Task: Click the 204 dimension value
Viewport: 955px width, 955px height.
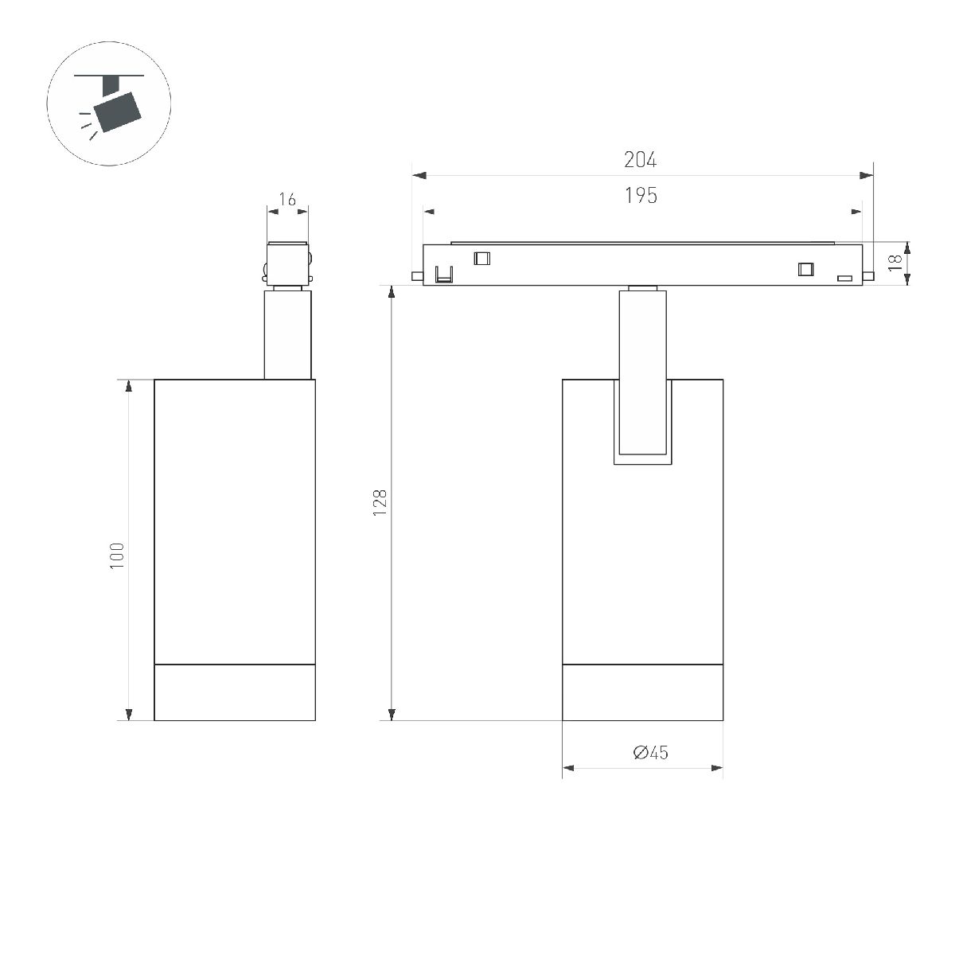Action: click(x=640, y=160)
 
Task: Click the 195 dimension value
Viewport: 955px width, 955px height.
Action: click(x=641, y=196)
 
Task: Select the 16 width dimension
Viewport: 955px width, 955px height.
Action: click(x=288, y=200)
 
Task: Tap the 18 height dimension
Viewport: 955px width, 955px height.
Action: click(x=896, y=263)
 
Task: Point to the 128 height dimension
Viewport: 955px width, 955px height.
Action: click(x=380, y=503)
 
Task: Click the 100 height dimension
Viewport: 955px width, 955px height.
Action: click(x=118, y=555)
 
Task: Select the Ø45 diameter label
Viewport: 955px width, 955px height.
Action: click(x=650, y=752)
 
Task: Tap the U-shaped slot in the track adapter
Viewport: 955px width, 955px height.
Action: click(x=443, y=275)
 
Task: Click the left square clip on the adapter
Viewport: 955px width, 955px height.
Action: click(x=481, y=257)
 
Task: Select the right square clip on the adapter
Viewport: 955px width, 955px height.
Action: click(x=806, y=269)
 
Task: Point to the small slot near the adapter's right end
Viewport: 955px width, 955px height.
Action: click(x=844, y=278)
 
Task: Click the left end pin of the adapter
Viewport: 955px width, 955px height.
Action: click(x=416, y=276)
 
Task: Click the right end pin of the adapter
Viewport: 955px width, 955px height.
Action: click(x=869, y=276)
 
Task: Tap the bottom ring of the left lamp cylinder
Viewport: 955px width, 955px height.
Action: click(x=235, y=692)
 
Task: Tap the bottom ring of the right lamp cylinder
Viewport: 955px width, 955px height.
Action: click(x=642, y=692)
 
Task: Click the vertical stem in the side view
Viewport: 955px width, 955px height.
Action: click(x=287, y=334)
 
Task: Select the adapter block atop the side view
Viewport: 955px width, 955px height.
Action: click(x=287, y=262)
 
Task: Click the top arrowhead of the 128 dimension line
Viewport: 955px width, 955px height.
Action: click(x=391, y=291)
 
